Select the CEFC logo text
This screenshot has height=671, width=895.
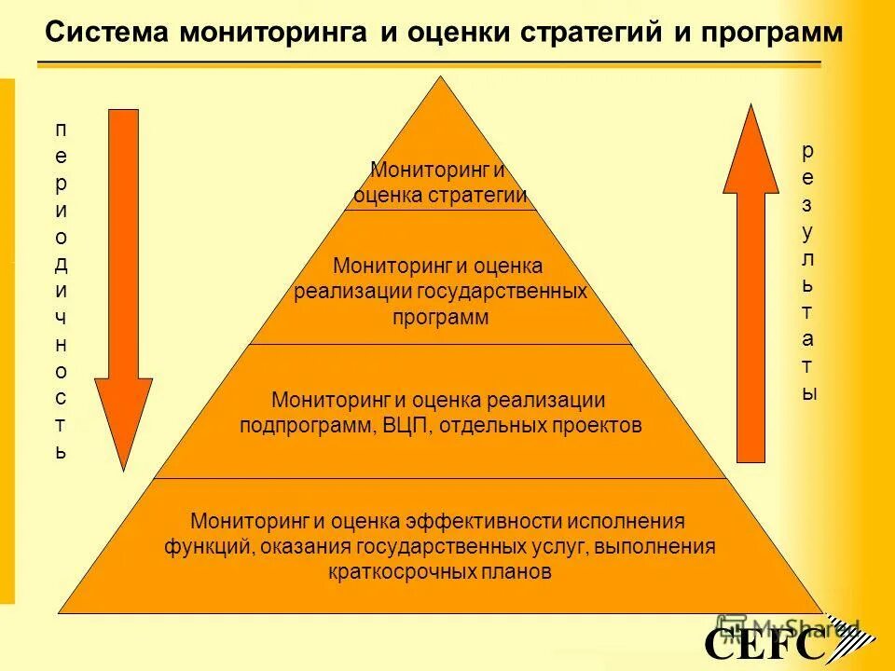764,644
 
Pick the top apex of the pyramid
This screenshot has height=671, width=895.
440,80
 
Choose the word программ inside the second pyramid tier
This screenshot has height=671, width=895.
440,317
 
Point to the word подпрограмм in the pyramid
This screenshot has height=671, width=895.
307,427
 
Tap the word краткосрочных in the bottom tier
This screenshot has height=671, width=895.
388,571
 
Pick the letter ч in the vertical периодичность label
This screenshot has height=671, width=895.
62,317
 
